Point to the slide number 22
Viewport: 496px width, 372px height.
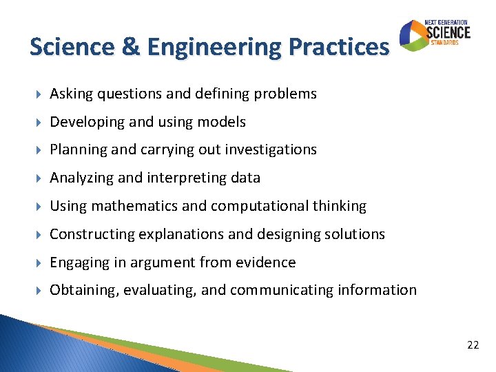tap(473, 344)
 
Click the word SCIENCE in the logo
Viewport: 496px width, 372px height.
tap(448, 32)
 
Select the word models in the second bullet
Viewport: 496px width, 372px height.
tap(220, 122)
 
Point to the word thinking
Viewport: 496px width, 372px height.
tap(340, 206)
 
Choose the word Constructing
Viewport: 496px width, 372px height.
tap(92, 234)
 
